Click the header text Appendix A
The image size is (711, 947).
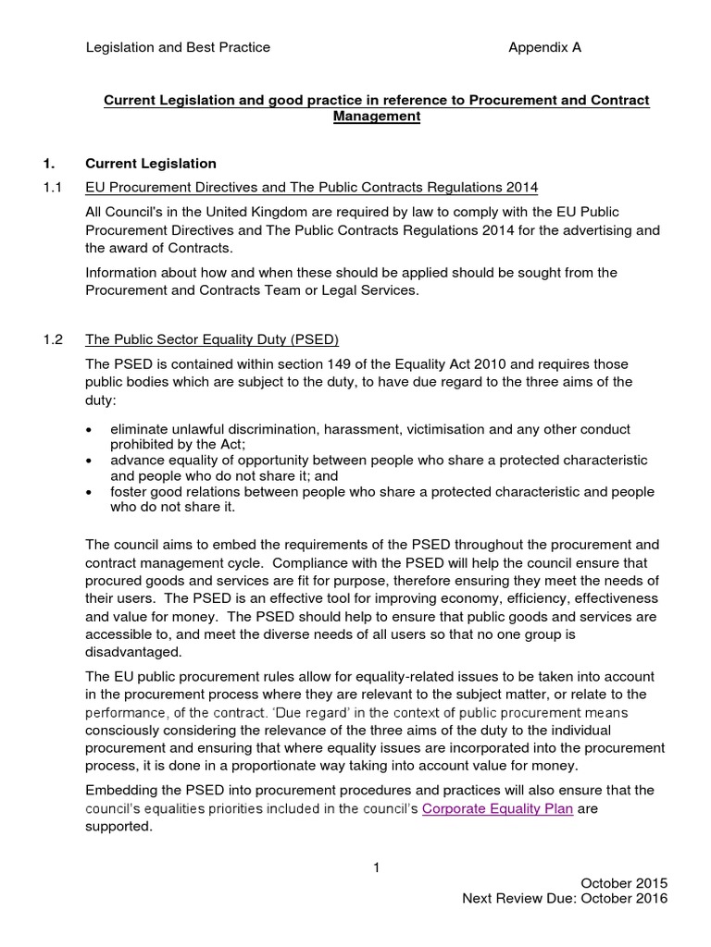pyautogui.click(x=544, y=48)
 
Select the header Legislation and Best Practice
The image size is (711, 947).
pyautogui.click(x=178, y=48)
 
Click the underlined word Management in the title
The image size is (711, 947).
pyautogui.click(x=376, y=117)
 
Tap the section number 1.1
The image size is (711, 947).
pyautogui.click(x=53, y=188)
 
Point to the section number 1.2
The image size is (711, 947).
pyautogui.click(x=53, y=339)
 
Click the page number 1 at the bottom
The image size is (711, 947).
pyautogui.click(x=377, y=867)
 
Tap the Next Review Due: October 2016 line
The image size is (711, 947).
pyautogui.click(x=564, y=900)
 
